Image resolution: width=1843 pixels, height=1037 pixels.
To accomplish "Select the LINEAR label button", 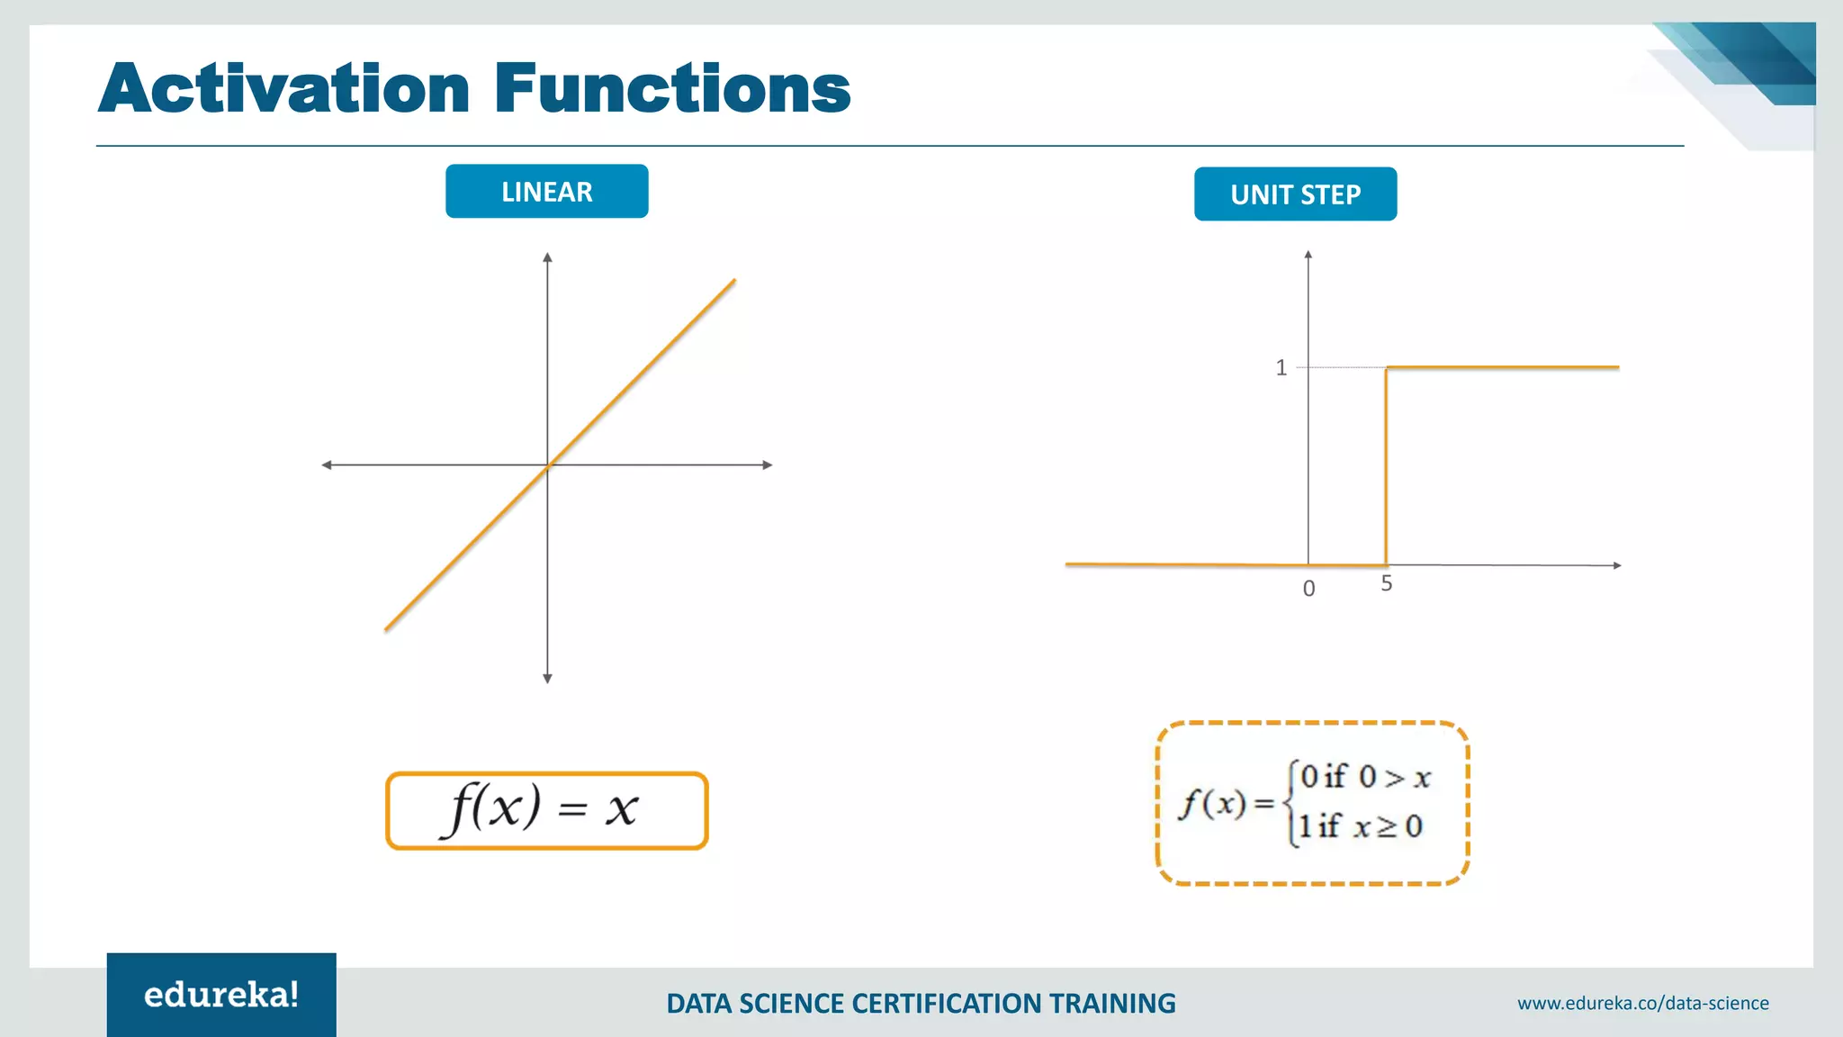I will coord(546,192).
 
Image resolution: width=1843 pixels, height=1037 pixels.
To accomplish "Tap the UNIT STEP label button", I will coord(1295,194).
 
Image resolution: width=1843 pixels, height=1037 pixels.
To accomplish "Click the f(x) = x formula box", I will coord(546,810).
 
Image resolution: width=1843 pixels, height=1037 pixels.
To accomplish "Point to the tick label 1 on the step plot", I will coord(1281,367).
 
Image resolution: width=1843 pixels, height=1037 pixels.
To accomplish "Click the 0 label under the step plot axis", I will coord(1308,589).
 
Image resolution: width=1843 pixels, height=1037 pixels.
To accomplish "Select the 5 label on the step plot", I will coord(1386,584).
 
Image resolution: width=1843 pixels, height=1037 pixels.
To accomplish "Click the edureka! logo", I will coord(221,995).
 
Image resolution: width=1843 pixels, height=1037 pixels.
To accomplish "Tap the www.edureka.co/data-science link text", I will coord(1642,1003).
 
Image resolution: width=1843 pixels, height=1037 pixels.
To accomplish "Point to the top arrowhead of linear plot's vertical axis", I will coord(547,258).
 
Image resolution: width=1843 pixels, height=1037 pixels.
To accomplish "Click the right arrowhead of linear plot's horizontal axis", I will coord(768,465).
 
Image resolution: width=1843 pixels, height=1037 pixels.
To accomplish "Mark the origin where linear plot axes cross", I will coord(547,465).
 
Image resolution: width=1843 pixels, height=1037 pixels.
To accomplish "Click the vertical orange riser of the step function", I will coord(1386,468).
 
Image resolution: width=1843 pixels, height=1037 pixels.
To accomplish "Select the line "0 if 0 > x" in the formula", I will coord(1364,776).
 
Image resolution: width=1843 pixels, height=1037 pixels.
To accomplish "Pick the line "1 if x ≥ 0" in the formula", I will coord(1359,826).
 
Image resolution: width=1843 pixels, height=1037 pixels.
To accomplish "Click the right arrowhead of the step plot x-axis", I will coord(1616,565).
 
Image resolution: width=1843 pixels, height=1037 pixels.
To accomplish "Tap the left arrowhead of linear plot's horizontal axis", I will coord(327,465).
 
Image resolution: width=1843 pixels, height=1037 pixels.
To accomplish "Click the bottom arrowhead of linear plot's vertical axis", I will coord(547,678).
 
